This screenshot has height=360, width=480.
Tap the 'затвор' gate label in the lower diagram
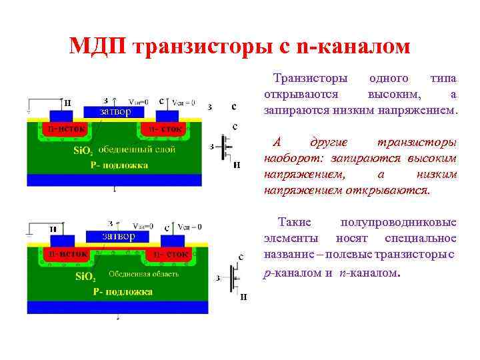[118, 236]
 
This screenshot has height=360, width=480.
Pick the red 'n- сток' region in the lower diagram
[171, 254]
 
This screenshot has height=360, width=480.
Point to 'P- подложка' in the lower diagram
[123, 291]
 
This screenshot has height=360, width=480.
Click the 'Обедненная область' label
[145, 273]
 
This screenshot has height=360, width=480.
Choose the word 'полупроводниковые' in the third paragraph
[398, 222]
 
